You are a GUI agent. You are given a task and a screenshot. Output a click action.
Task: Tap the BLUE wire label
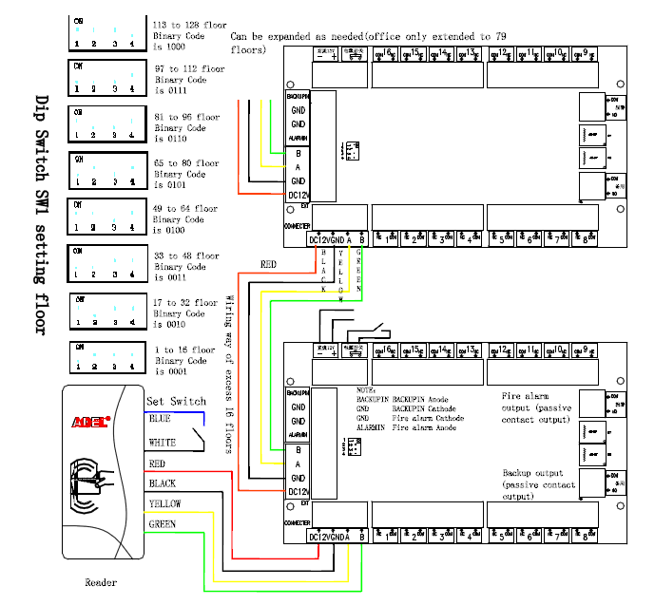pyautogui.click(x=160, y=417)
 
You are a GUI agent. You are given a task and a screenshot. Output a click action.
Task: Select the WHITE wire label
pyautogui.click(x=163, y=444)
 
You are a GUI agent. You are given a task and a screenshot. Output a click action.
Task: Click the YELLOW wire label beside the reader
pyautogui.click(x=165, y=503)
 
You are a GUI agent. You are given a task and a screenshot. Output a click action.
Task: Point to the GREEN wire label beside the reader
pyautogui.click(x=163, y=523)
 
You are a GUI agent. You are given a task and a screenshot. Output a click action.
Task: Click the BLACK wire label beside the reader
pyautogui.click(x=163, y=483)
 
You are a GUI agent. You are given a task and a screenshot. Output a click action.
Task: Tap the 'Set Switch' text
pyautogui.click(x=175, y=401)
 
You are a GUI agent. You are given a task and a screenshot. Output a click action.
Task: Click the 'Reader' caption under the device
pyautogui.click(x=101, y=582)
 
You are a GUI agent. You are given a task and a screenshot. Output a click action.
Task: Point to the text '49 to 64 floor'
pyautogui.click(x=185, y=209)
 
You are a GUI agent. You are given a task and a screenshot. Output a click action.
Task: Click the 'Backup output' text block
pyautogui.click(x=538, y=484)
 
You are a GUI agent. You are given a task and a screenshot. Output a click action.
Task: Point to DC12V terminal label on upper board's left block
pyautogui.click(x=298, y=196)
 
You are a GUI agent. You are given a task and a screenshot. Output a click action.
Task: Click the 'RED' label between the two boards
pyautogui.click(x=268, y=265)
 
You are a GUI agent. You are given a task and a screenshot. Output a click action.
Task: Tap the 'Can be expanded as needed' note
pyautogui.click(x=366, y=42)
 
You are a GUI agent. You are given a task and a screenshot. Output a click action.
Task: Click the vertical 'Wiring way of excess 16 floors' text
pyautogui.click(x=229, y=374)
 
